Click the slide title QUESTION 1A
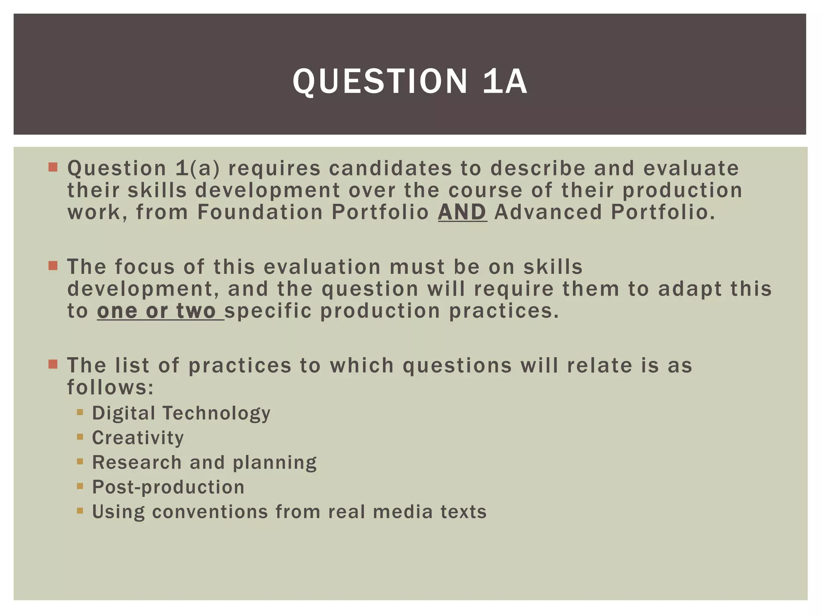(x=410, y=81)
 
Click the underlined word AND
(x=462, y=212)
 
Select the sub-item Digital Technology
(x=181, y=413)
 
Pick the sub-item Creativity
(x=138, y=438)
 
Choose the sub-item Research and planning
(x=204, y=462)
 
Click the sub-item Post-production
(x=168, y=487)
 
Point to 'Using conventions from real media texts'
(x=289, y=512)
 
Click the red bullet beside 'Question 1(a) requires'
(x=53, y=167)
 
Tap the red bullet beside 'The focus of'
(x=53, y=265)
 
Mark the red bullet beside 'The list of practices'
(x=53, y=364)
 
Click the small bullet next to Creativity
(x=80, y=437)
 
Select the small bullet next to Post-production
(x=80, y=486)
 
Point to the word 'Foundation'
(x=260, y=212)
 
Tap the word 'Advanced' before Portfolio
(x=548, y=212)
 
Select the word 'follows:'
(x=110, y=387)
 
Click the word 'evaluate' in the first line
(x=691, y=168)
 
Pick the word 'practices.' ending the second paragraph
(x=504, y=311)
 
